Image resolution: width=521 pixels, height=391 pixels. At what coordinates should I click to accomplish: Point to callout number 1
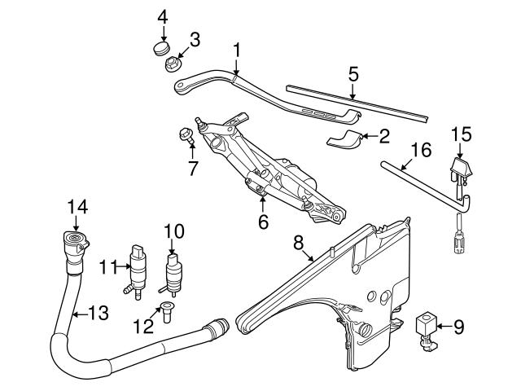236,51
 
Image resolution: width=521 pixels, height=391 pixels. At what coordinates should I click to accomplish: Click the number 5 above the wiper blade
352,73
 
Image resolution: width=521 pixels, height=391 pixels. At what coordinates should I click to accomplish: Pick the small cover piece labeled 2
344,138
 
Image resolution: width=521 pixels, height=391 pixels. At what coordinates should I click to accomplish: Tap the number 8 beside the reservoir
298,242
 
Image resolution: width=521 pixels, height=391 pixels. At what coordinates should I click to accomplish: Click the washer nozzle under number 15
460,172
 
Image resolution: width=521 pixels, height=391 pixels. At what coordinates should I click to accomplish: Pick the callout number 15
461,132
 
